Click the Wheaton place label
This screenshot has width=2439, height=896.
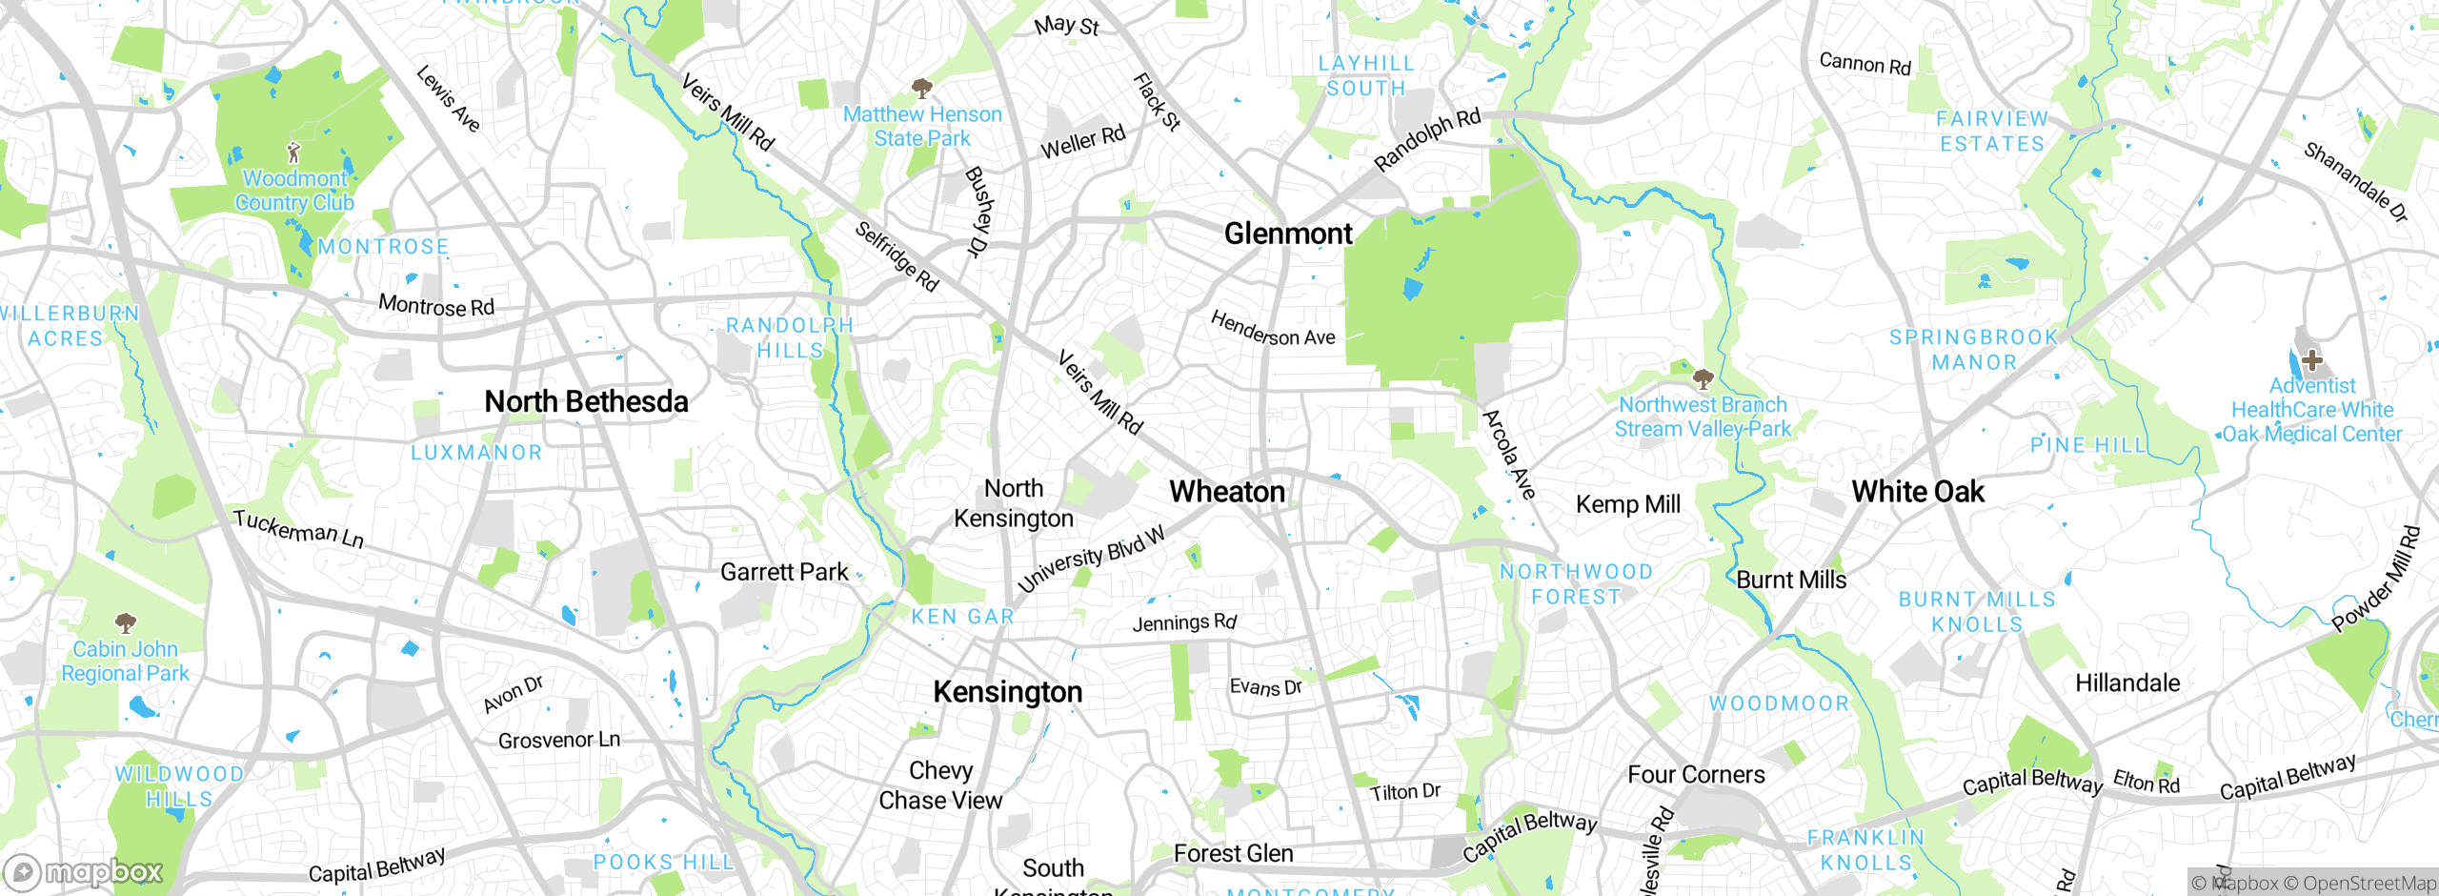pyautogui.click(x=1227, y=492)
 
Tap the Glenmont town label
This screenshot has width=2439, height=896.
pyautogui.click(x=1288, y=234)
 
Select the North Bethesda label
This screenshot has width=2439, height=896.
pyautogui.click(x=586, y=402)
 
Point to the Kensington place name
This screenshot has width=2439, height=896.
pyautogui.click(x=1008, y=692)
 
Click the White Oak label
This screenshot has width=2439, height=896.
pyautogui.click(x=1918, y=492)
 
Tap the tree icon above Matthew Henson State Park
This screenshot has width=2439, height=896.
pyautogui.click(x=921, y=90)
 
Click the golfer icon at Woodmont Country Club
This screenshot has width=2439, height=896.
pyautogui.click(x=294, y=153)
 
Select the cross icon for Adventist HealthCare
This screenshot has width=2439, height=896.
pyautogui.click(x=2311, y=360)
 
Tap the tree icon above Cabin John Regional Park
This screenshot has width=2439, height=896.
pyautogui.click(x=125, y=623)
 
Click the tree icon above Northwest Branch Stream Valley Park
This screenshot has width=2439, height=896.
pyautogui.click(x=1703, y=379)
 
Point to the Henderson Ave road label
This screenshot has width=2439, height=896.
pyautogui.click(x=1273, y=329)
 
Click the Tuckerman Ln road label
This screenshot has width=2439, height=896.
pyautogui.click(x=298, y=529)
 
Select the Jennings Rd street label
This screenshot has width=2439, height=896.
pyautogui.click(x=1184, y=623)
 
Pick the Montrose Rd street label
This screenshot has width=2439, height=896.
pyautogui.click(x=436, y=306)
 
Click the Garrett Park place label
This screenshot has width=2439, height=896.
pyautogui.click(x=784, y=572)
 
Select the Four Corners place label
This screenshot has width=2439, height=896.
pyautogui.click(x=1696, y=775)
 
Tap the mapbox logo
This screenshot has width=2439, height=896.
pyautogui.click(x=84, y=871)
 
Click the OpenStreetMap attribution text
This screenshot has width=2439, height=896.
pyautogui.click(x=2359, y=884)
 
